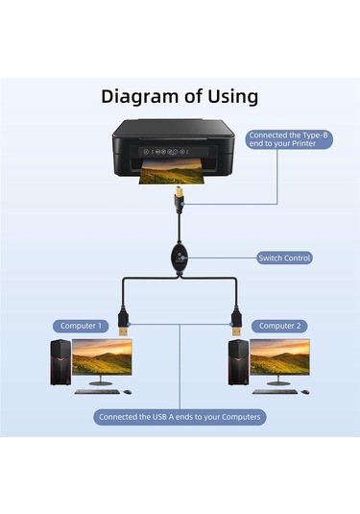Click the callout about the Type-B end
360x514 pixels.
(x=287, y=141)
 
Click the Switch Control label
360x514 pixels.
(x=285, y=257)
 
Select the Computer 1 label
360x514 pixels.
(x=80, y=326)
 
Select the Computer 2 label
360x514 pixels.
(x=279, y=326)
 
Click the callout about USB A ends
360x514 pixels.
(x=180, y=417)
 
